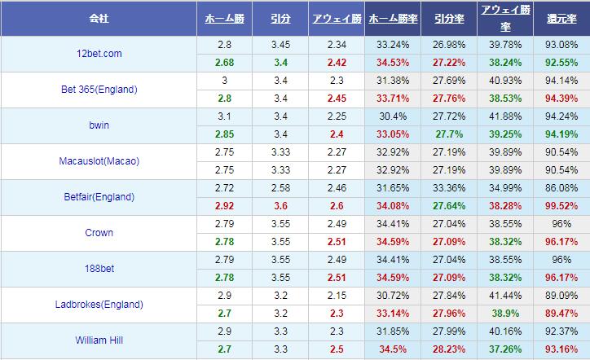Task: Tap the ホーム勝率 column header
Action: pos(394,17)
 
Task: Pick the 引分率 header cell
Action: pos(450,17)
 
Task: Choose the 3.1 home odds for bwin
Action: pos(225,116)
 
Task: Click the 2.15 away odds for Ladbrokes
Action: pos(337,296)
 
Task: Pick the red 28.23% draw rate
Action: pos(450,349)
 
